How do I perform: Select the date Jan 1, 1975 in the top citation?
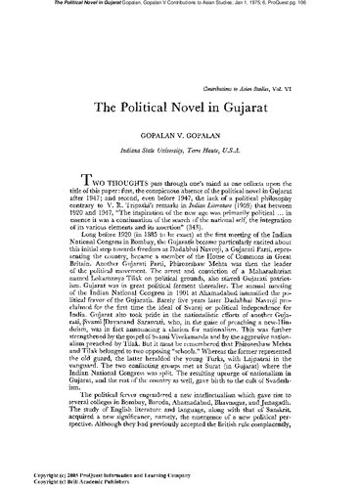[224, 5]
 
